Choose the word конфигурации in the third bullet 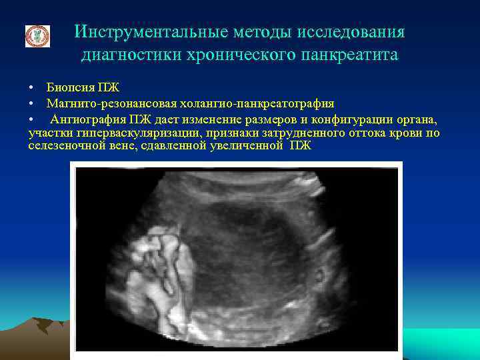353,119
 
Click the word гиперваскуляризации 133,133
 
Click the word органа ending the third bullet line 419,119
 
